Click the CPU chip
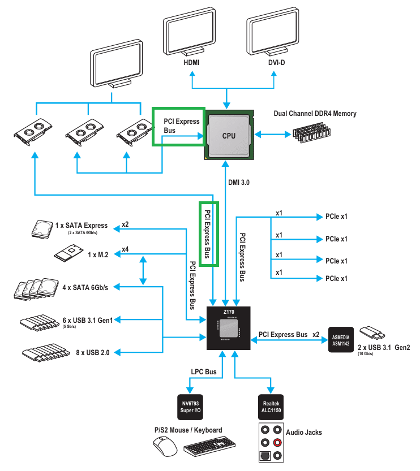[228, 135]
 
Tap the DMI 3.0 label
[239, 182]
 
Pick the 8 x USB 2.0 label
[93, 353]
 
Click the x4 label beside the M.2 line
[125, 249]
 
